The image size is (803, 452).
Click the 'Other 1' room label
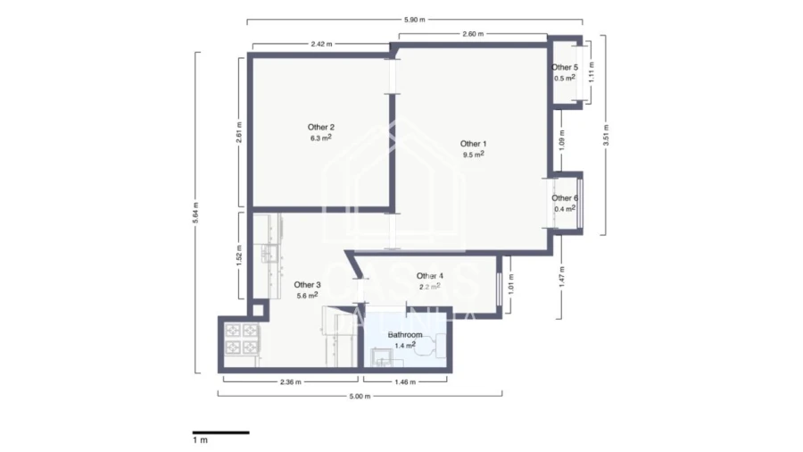pos(474,143)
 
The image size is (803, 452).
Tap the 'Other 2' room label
pos(321,127)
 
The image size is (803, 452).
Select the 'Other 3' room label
pos(308,285)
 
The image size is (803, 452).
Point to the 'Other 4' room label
pos(429,276)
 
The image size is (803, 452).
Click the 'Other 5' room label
pos(564,67)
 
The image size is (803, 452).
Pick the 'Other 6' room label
pos(564,198)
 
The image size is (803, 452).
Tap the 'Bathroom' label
pos(405,334)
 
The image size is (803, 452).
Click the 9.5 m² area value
pos(474,155)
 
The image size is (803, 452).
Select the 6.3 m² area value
pos(321,138)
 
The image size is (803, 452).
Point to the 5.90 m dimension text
pos(415,19)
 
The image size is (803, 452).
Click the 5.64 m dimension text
pos(196,213)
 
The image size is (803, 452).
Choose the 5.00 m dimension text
pos(360,397)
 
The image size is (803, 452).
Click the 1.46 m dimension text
pos(406,381)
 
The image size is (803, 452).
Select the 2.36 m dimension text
pos(289,381)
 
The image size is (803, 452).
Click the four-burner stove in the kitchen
pos(240,339)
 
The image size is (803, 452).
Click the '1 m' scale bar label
pos(200,440)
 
